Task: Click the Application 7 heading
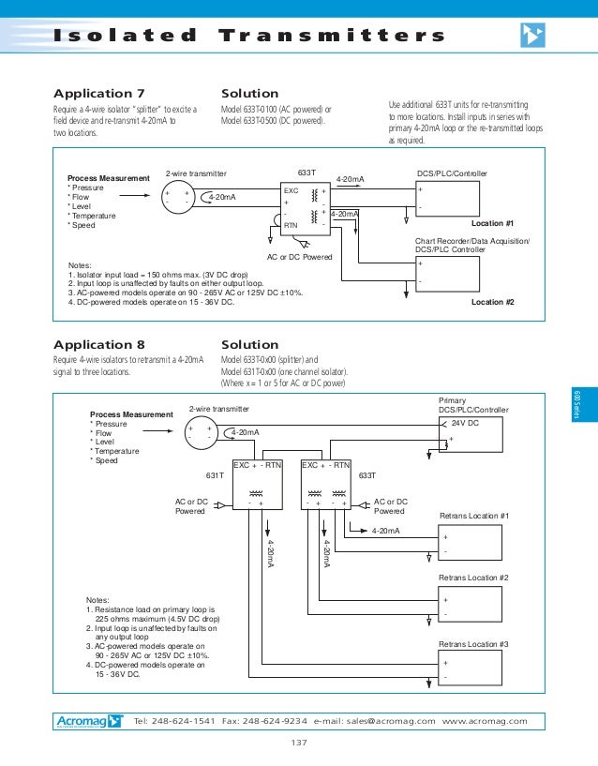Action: coord(98,94)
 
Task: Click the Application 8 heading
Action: coord(98,344)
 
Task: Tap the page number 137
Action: coord(299,743)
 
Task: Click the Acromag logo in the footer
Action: coord(87,721)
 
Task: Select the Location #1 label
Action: coord(492,224)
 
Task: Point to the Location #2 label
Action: coord(492,302)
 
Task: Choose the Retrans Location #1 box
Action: coord(473,541)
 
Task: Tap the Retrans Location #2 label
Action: coord(473,578)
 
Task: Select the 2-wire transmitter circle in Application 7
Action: coord(178,198)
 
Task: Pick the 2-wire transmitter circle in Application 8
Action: coord(201,432)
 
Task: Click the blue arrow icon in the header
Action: coord(531,36)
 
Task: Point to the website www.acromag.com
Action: coord(485,721)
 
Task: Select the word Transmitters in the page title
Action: coord(332,36)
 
